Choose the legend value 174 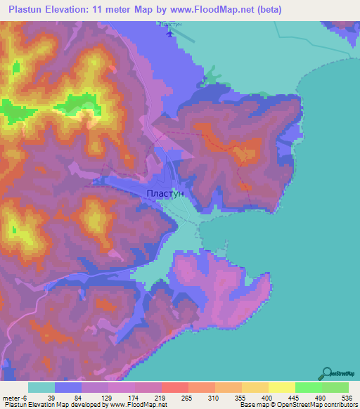[134, 397]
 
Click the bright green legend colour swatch [308, 387]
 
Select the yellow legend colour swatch [281, 387]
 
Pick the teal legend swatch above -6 [41, 387]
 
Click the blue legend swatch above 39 [68, 387]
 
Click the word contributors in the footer [340, 405]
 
